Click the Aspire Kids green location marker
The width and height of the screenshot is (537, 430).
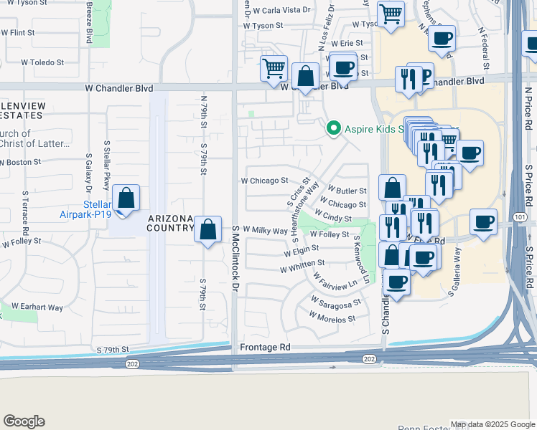(332, 129)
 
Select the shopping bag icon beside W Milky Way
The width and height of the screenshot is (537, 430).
(207, 230)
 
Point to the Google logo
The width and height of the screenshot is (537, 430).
(24, 421)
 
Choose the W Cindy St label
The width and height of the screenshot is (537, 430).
(332, 215)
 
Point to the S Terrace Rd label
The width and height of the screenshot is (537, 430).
(24, 211)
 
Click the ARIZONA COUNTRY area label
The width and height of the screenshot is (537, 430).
(171, 223)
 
